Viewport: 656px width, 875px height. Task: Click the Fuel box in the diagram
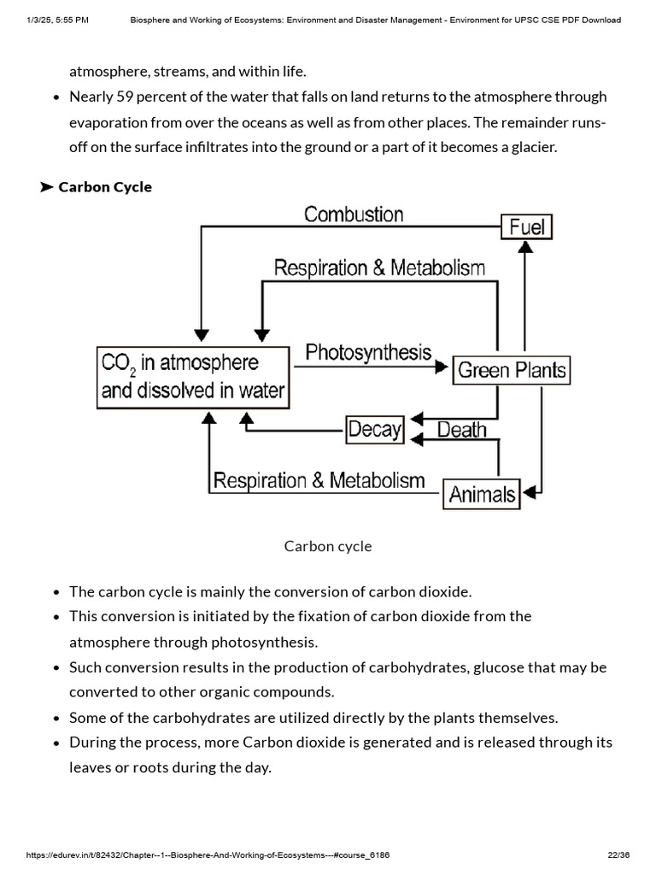(527, 226)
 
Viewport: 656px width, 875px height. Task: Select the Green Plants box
(511, 370)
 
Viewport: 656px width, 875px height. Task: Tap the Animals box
(482, 494)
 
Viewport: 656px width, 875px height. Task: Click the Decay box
(374, 429)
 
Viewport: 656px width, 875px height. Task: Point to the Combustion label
(354, 214)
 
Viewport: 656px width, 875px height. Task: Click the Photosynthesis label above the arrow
(368, 352)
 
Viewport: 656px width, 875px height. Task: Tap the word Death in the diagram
(461, 429)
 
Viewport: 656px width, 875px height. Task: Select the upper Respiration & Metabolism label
(379, 268)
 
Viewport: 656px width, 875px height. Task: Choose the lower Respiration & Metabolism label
(319, 480)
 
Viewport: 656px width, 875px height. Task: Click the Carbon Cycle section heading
(105, 187)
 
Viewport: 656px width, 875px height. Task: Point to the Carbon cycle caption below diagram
(328, 546)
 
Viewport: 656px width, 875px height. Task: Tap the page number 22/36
(618, 855)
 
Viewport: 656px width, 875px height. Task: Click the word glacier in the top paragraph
(532, 147)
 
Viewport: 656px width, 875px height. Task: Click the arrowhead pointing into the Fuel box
(527, 248)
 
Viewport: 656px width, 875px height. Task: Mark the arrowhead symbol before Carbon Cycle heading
(46, 187)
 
